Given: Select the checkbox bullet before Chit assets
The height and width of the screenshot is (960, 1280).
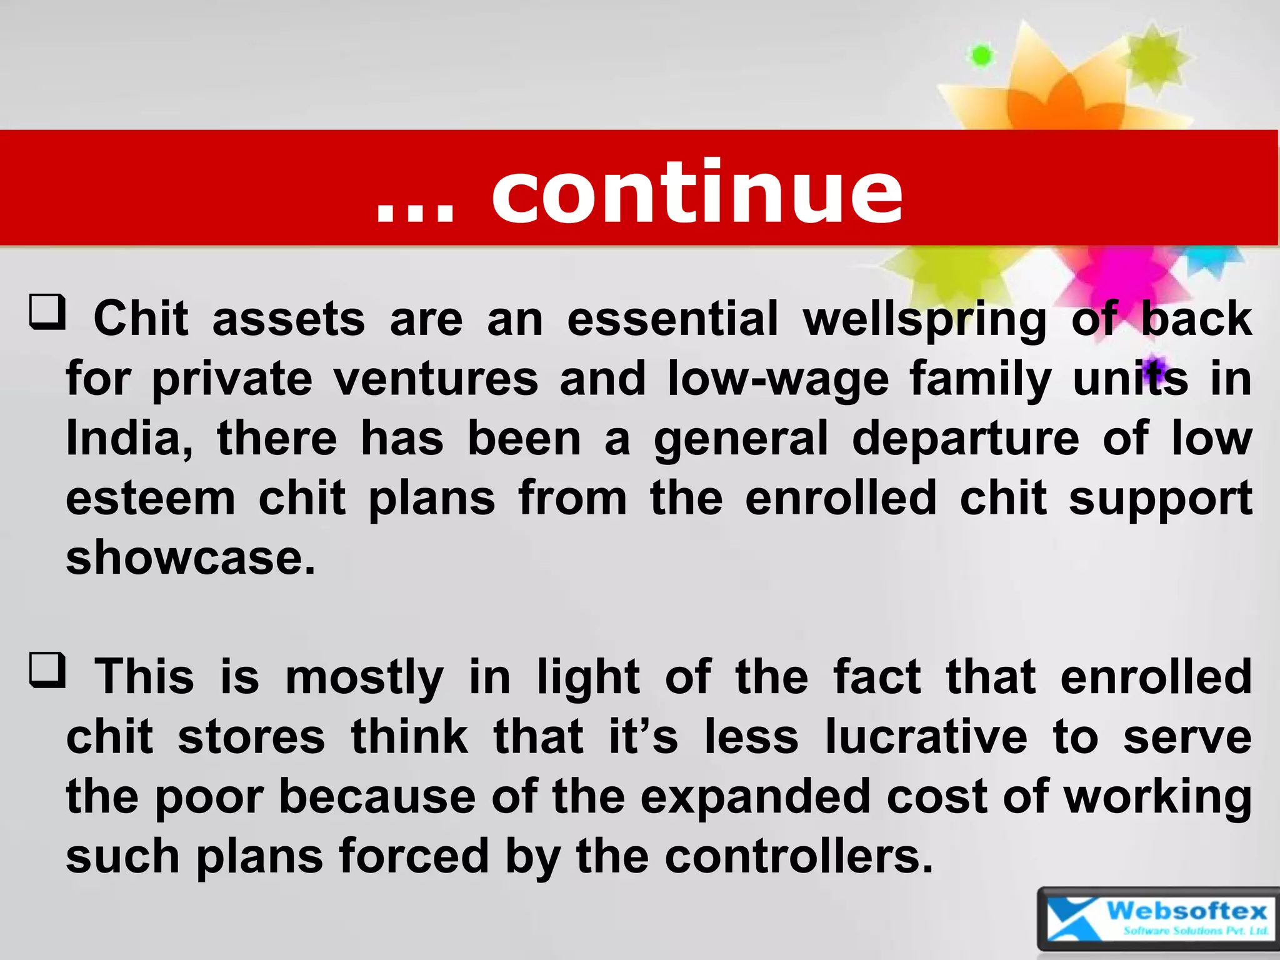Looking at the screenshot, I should pos(47,312).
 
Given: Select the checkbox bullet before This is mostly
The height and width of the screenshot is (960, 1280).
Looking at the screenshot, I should pos(47,670).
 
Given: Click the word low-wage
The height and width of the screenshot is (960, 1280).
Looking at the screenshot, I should pos(777,379).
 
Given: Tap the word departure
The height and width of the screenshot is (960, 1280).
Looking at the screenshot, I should pos(965,439).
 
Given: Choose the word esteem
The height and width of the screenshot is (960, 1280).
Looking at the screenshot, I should pos(151,498).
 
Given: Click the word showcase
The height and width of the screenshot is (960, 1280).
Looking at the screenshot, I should pos(191,557).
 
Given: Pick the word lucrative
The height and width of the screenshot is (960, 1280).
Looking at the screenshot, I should pos(926,737).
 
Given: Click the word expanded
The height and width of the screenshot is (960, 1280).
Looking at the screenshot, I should pos(755,797).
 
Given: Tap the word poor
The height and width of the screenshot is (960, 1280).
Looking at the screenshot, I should pos(209,797).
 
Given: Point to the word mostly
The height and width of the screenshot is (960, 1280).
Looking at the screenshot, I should pos(364,677).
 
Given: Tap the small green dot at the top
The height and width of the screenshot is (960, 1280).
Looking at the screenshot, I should pos(981,56).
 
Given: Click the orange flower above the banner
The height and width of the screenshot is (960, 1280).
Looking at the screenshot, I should pos(1056,94).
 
